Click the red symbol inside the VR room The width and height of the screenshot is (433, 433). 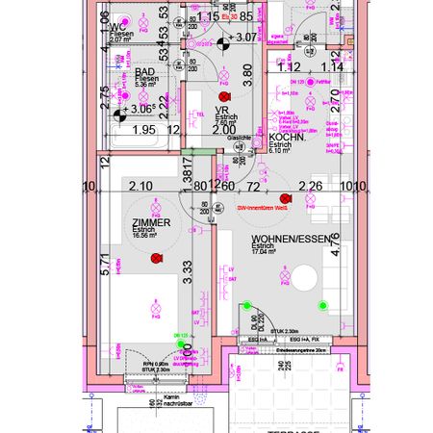(x=225, y=98)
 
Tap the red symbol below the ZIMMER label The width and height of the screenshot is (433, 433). (x=148, y=256)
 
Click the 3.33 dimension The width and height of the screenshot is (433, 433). (x=189, y=270)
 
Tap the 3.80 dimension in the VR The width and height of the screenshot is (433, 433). (x=247, y=69)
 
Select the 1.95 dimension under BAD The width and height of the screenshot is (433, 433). (x=142, y=129)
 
